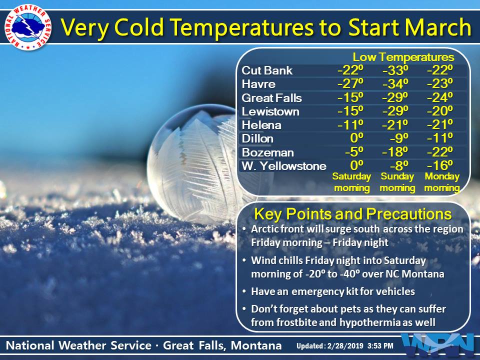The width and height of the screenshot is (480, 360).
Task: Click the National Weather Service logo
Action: pyautogui.click(x=27, y=27)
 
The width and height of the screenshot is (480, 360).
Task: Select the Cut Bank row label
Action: pyautogui.click(x=267, y=70)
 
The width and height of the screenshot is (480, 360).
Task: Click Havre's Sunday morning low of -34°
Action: pyautogui.click(x=395, y=83)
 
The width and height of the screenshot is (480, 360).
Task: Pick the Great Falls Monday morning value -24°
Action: pyautogui.click(x=439, y=97)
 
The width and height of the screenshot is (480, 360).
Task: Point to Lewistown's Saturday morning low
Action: pyautogui.click(x=350, y=111)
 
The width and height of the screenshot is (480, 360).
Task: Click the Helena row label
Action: pyautogui.click(x=261, y=125)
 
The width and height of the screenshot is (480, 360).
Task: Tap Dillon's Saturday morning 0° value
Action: pyautogui.click(x=356, y=138)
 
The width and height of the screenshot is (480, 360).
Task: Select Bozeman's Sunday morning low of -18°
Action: pyautogui.click(x=395, y=152)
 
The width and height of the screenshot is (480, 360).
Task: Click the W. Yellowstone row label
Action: pyautogui.click(x=284, y=166)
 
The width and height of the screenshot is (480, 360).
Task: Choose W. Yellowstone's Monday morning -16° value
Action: pyautogui.click(x=439, y=165)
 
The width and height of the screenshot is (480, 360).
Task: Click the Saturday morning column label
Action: pyautogui.click(x=351, y=182)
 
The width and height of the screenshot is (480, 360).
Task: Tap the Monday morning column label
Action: pyautogui.click(x=442, y=182)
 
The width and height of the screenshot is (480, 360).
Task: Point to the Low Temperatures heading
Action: pyautogui.click(x=403, y=57)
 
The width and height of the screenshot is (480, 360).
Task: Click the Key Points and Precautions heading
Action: pyautogui.click(x=352, y=214)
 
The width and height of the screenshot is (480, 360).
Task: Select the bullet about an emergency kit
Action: pyautogui.click(x=328, y=291)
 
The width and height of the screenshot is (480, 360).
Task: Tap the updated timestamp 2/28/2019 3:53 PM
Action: pyautogui.click(x=360, y=346)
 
